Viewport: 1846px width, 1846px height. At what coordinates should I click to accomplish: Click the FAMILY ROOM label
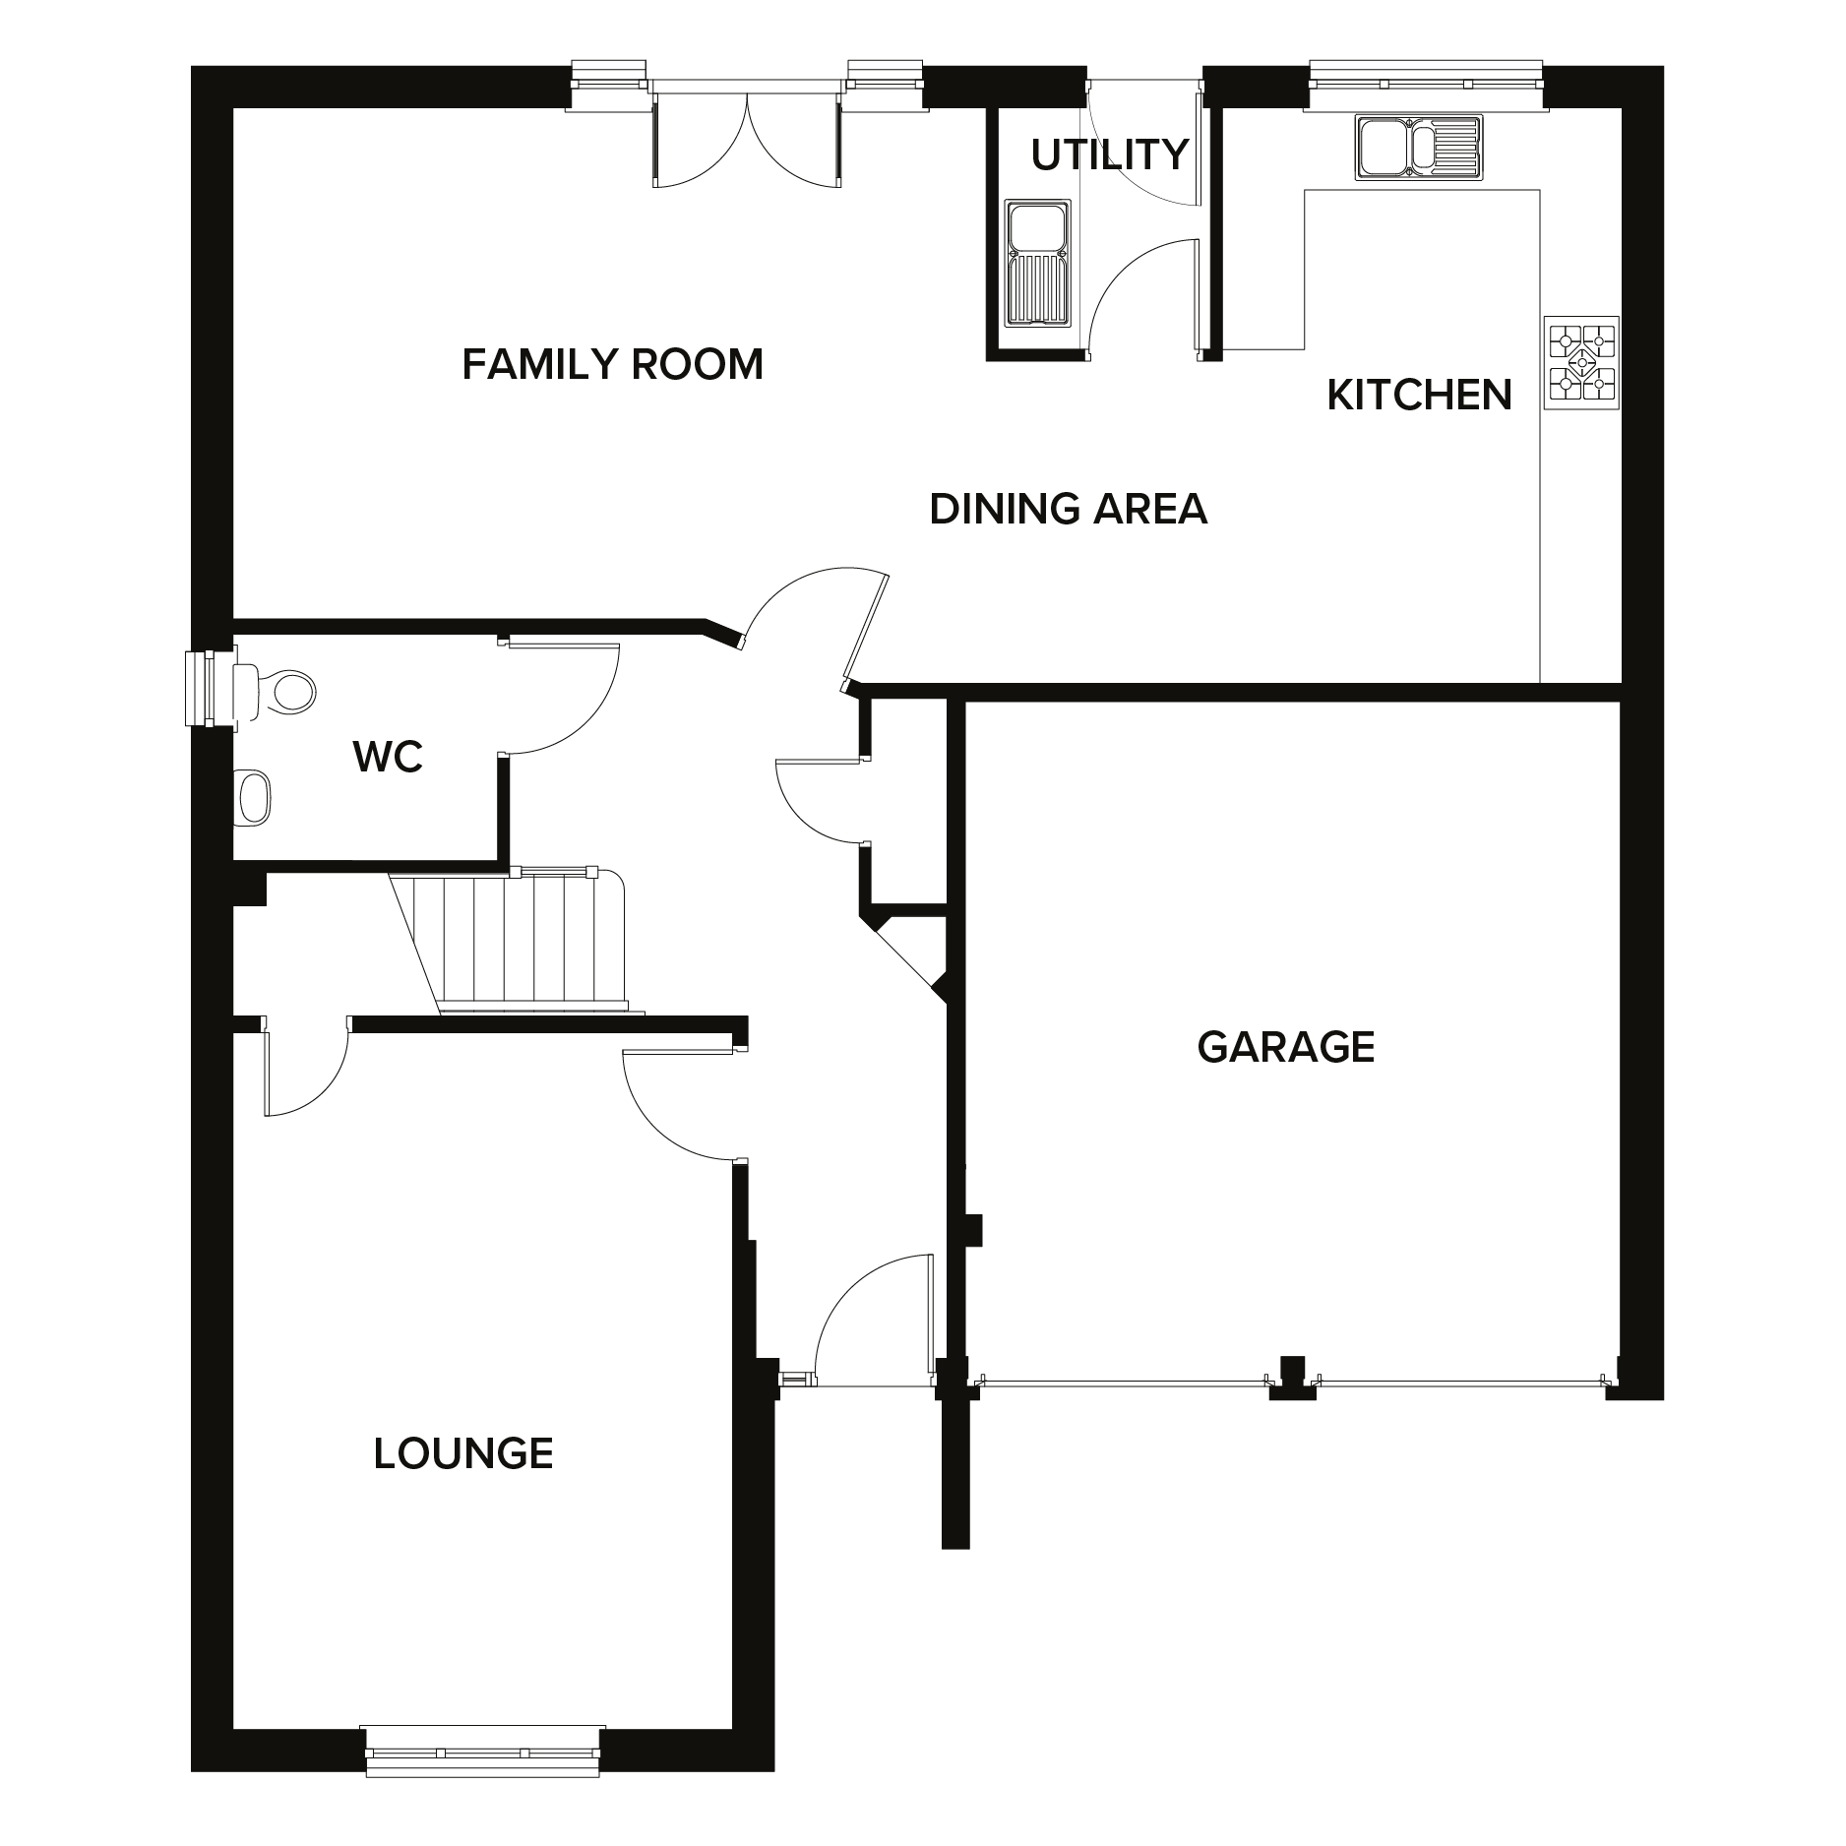(x=612, y=365)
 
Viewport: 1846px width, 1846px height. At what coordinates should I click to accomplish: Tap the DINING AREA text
(x=1068, y=510)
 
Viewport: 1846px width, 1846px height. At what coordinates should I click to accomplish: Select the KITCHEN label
(x=1419, y=396)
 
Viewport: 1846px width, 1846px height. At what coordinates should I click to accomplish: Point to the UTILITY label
(x=1110, y=155)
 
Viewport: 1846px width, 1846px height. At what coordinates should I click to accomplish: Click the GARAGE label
(x=1285, y=1047)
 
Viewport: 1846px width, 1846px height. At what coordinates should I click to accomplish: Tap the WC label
(x=388, y=757)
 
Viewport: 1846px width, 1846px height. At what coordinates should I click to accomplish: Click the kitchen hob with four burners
(x=1581, y=362)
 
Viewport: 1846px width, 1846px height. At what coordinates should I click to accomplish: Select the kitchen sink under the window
(x=1418, y=148)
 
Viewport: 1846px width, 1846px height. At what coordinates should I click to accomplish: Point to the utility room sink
(x=1036, y=263)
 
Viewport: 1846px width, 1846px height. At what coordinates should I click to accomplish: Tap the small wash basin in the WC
(x=253, y=796)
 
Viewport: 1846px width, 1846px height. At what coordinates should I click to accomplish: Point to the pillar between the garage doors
(x=1292, y=1379)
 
